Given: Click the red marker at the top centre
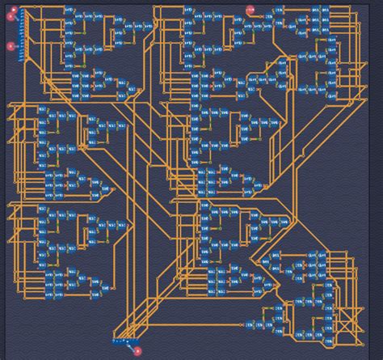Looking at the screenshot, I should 250,11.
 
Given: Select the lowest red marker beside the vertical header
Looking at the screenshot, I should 11,46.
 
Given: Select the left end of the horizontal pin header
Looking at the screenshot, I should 114,342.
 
